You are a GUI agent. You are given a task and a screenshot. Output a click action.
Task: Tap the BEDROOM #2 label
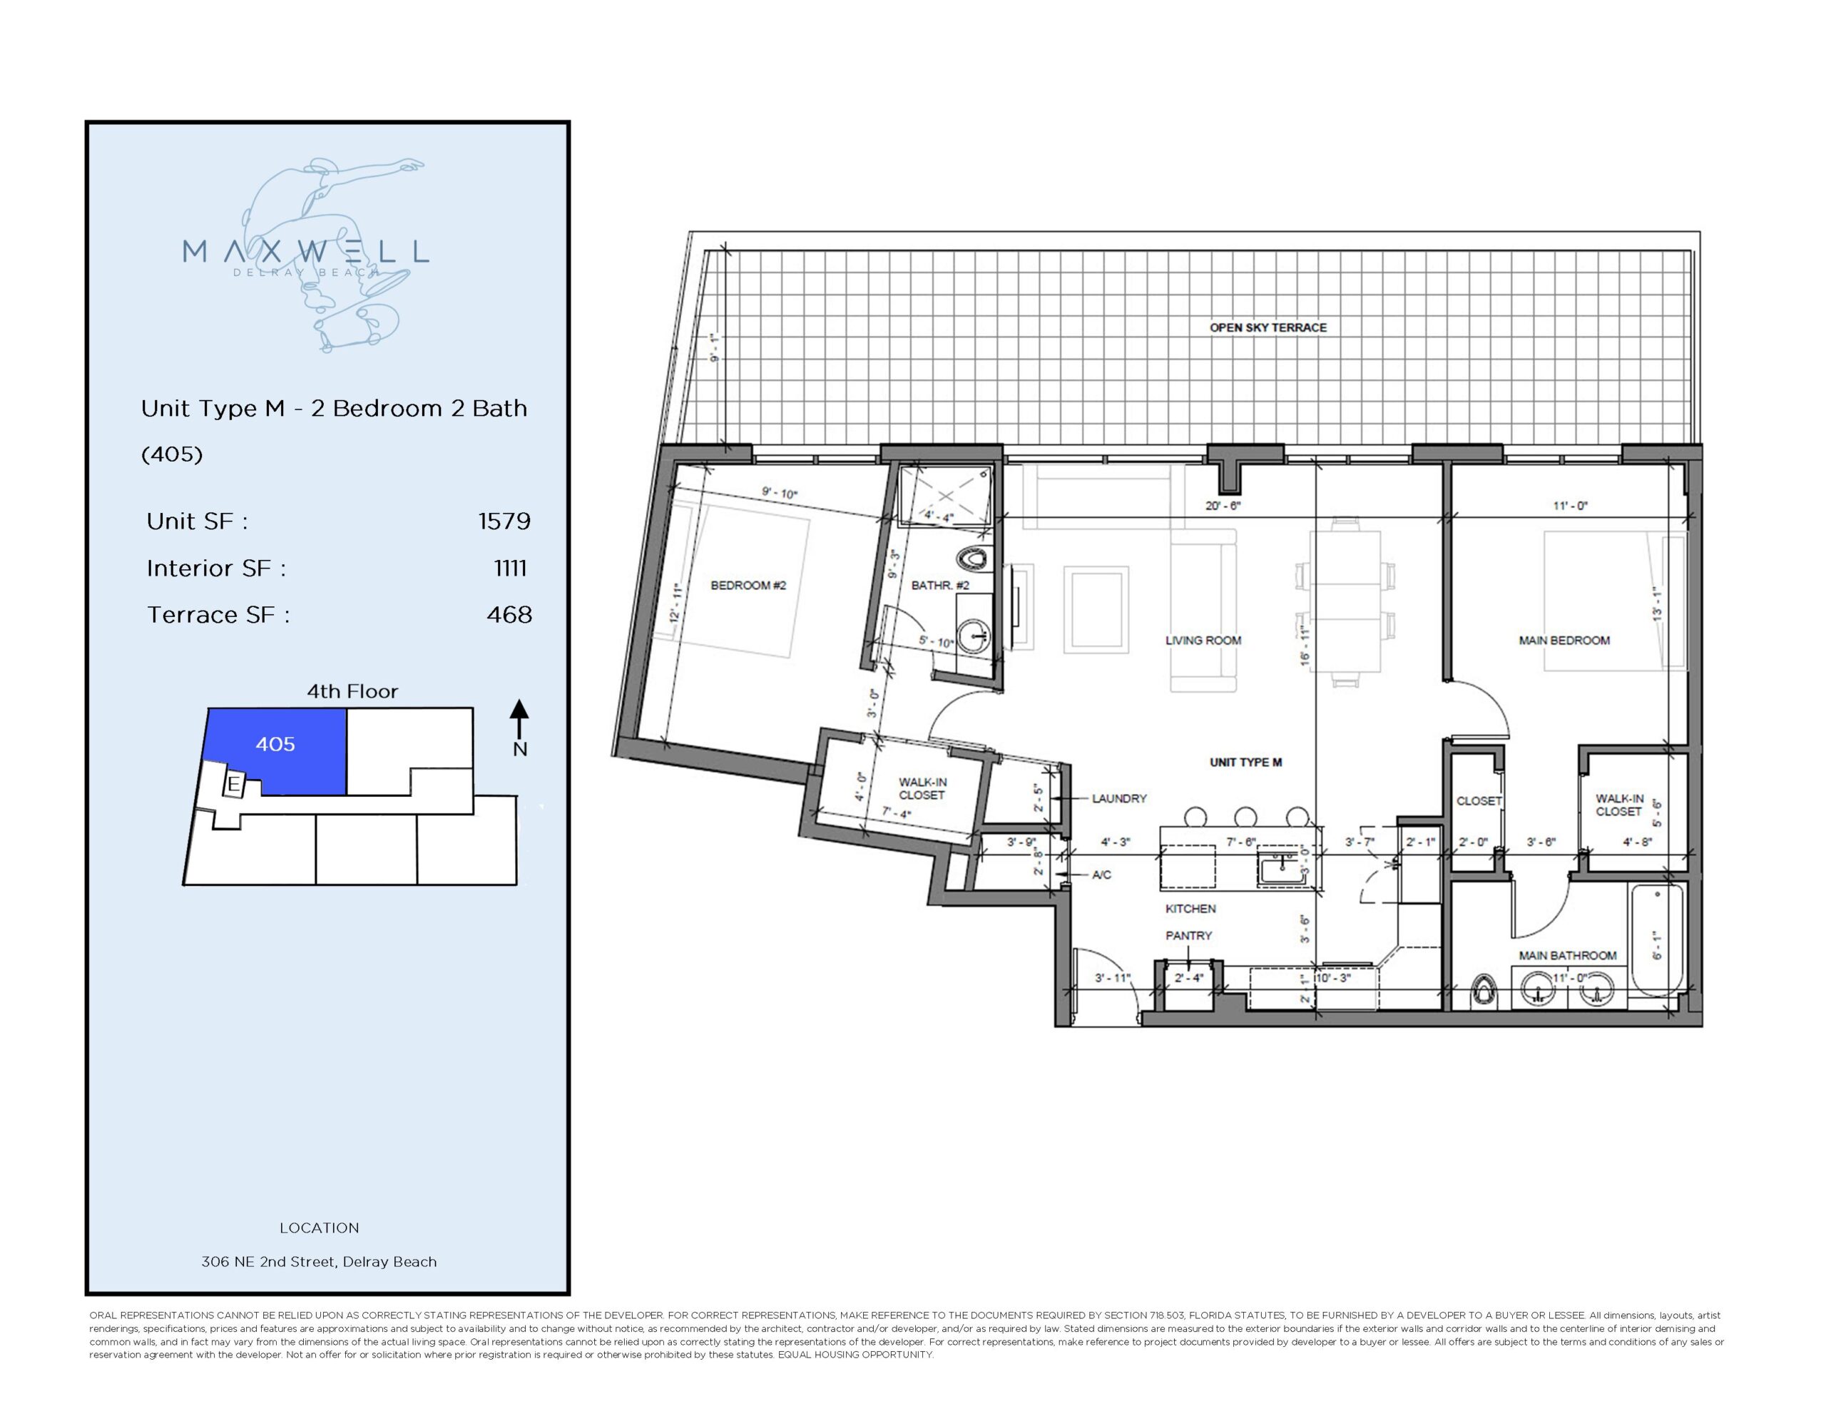click(x=748, y=586)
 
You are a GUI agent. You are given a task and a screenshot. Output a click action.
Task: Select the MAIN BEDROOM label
click(x=1564, y=641)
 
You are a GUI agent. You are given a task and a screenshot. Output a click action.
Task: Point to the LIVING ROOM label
click(x=1203, y=641)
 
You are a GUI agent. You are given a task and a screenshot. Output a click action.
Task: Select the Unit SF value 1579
click(x=504, y=521)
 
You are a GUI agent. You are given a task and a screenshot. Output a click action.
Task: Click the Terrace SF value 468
click(x=509, y=615)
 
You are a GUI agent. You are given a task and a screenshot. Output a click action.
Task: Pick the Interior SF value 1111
click(x=510, y=568)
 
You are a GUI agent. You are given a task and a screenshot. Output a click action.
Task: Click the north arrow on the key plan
click(x=519, y=719)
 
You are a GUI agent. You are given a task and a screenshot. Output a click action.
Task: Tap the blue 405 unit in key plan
click(x=275, y=745)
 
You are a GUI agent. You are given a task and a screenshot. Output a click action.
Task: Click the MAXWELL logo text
click(x=305, y=251)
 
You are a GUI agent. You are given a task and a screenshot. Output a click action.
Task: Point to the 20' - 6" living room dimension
click(x=1223, y=506)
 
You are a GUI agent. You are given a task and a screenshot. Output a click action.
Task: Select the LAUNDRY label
click(x=1118, y=799)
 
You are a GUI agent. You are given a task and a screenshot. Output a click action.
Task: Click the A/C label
click(x=1101, y=875)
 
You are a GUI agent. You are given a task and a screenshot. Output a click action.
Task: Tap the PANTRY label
click(x=1188, y=936)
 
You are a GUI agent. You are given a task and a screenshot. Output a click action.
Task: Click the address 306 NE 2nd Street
click(x=319, y=1262)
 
